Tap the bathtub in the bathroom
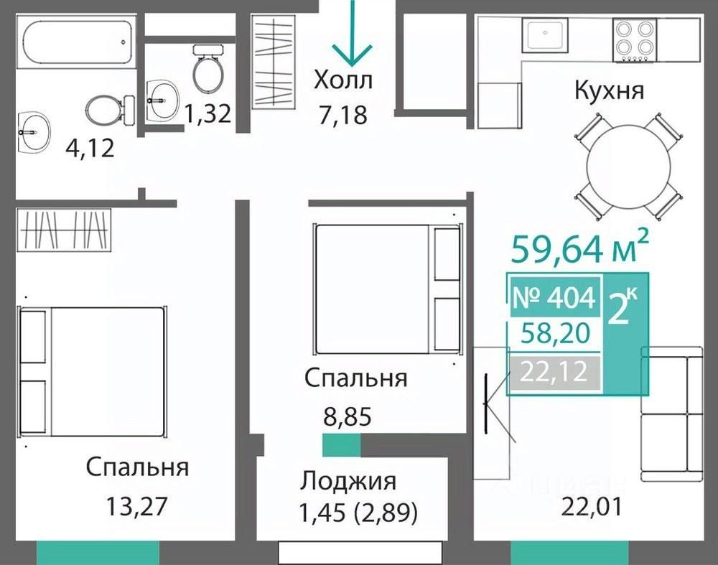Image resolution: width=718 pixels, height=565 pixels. [x=77, y=42]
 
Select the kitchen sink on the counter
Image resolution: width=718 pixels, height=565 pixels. [x=545, y=34]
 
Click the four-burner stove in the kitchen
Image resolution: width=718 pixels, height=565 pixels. [x=634, y=40]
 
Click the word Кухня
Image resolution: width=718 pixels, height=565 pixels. [x=609, y=90]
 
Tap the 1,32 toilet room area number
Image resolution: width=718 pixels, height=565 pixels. [x=208, y=113]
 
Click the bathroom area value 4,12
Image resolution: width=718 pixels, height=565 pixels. [x=90, y=148]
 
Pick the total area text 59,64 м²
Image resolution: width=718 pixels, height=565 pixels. [x=579, y=247]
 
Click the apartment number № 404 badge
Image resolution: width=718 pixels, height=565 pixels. [x=554, y=296]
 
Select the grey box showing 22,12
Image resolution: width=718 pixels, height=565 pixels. [x=554, y=371]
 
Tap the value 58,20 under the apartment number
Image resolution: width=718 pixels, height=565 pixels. [x=556, y=333]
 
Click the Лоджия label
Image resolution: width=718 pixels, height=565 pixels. [x=348, y=481]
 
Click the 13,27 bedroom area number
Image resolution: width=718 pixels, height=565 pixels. [x=137, y=506]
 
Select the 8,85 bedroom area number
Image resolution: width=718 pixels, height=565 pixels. [x=347, y=416]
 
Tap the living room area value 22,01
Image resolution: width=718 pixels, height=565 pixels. [x=591, y=507]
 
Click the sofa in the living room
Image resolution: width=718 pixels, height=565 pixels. [x=672, y=414]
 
